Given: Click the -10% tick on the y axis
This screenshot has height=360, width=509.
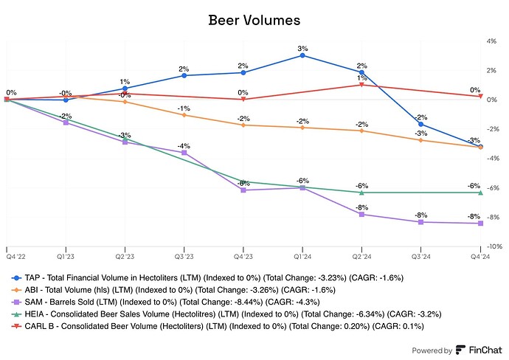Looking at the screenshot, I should [x=492, y=246].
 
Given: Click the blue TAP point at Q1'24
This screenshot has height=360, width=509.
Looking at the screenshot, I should [x=302, y=55].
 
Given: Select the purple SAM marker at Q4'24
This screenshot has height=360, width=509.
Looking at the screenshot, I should [x=480, y=224].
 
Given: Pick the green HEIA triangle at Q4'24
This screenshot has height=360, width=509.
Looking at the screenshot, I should [x=480, y=193].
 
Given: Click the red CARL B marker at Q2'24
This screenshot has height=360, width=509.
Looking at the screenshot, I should [x=361, y=85].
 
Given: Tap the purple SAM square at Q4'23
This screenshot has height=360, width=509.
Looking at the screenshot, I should [x=243, y=190].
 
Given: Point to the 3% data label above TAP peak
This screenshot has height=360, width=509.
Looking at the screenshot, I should [x=302, y=48].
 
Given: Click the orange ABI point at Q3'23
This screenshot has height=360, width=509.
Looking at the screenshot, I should [x=184, y=115].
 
